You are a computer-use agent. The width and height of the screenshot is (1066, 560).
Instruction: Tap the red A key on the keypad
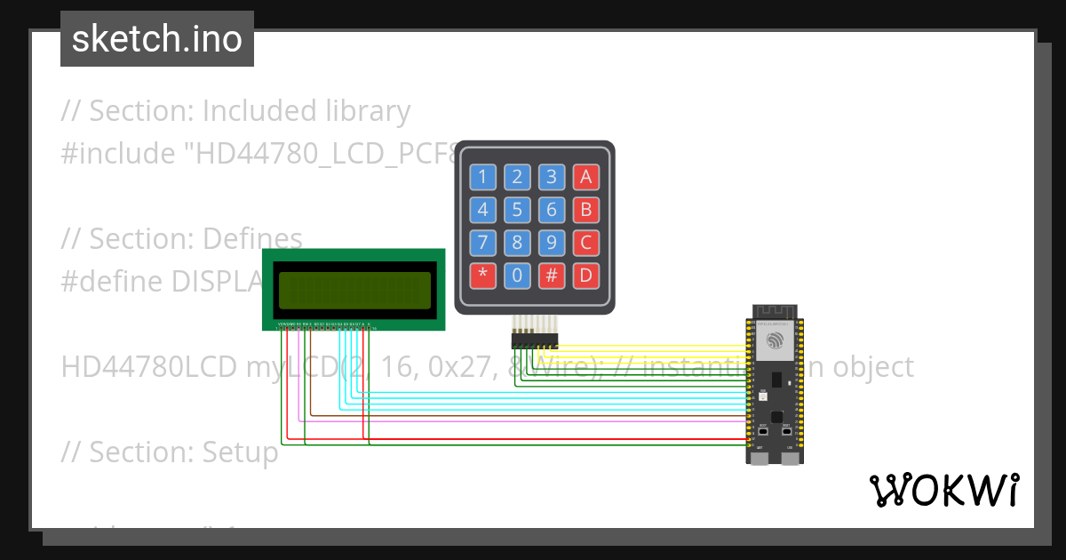585,176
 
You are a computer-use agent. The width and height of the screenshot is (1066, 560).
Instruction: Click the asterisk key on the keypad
482,274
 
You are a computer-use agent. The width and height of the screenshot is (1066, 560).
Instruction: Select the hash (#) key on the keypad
551,274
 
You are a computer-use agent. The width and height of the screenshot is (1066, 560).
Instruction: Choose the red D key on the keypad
585,274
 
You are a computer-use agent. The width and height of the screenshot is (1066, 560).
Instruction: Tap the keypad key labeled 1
482,176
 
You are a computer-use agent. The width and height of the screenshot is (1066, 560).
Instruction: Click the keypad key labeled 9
551,242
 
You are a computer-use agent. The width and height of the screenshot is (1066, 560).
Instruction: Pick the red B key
585,210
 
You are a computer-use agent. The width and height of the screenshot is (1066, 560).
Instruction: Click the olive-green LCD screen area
354,288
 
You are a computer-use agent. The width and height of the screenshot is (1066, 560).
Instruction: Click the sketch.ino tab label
157,39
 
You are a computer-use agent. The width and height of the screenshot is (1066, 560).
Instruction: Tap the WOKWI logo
943,490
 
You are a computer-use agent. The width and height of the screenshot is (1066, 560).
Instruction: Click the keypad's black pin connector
534,340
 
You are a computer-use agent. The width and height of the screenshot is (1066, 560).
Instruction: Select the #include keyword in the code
118,154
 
